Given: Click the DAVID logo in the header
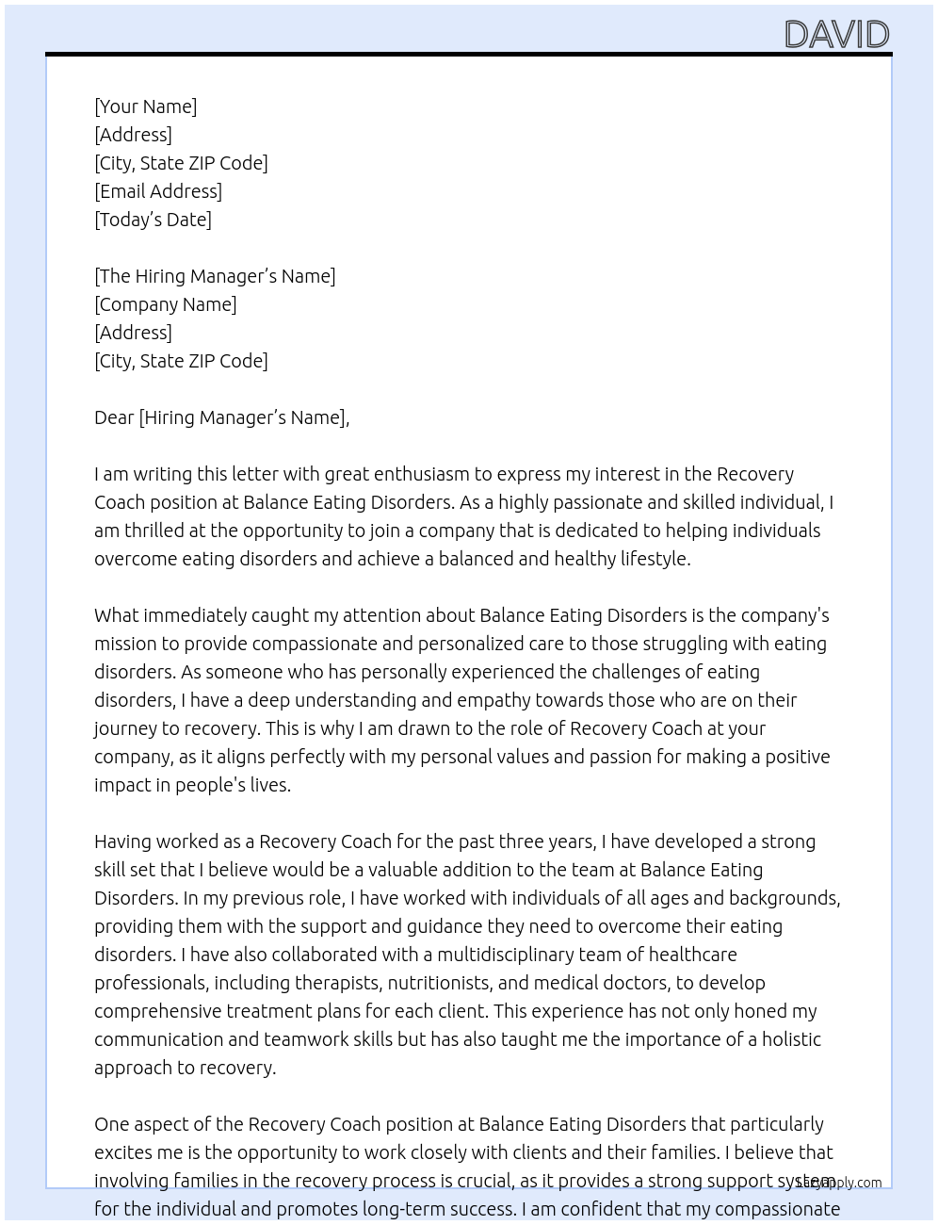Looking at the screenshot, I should pos(836,35).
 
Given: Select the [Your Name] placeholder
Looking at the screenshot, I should pos(146,106).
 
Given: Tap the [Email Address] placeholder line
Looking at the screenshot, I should pos(158,191).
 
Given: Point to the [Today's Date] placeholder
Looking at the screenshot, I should pos(153,220).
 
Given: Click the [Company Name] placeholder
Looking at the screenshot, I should pos(166,304).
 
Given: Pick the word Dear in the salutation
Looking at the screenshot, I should pos(114,417).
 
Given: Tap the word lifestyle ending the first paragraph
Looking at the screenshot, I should pos(655,559).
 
